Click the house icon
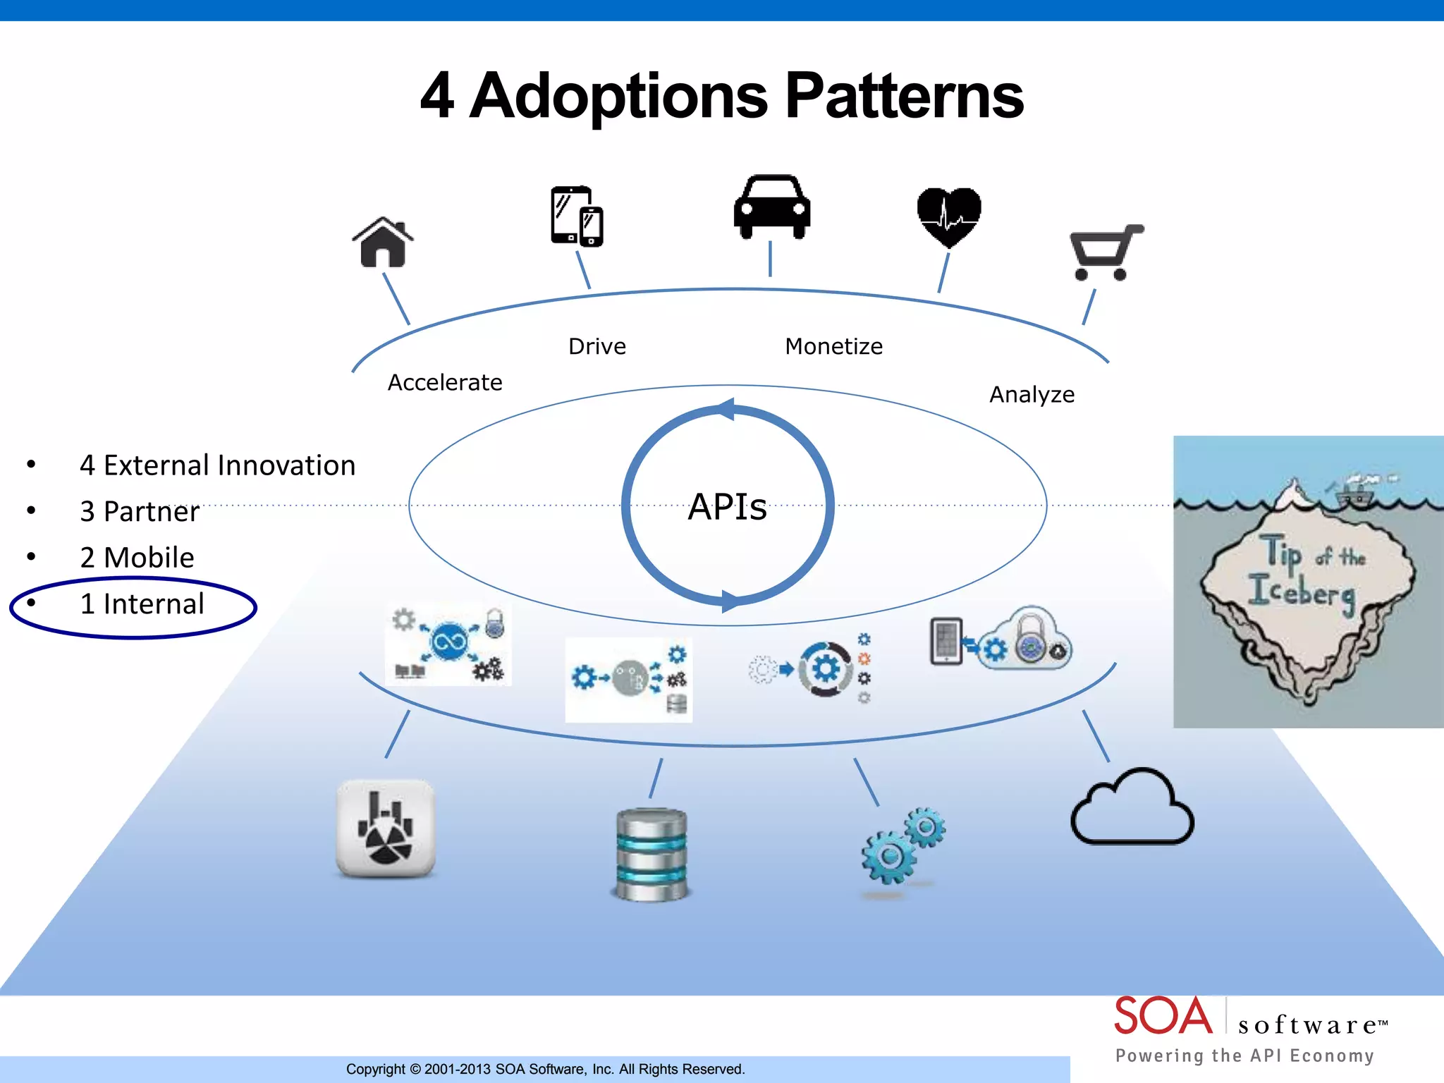click(383, 243)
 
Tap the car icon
click(771, 207)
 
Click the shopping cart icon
click(1105, 252)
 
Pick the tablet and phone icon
click(577, 216)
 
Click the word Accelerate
click(445, 382)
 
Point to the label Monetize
click(833, 346)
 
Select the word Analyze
click(1032, 394)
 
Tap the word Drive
click(597, 346)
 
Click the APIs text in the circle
click(727, 506)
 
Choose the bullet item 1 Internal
click(142, 604)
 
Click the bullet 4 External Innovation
click(217, 465)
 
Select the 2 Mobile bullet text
click(137, 558)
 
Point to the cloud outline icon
click(1132, 808)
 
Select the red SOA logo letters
click(1163, 1016)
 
